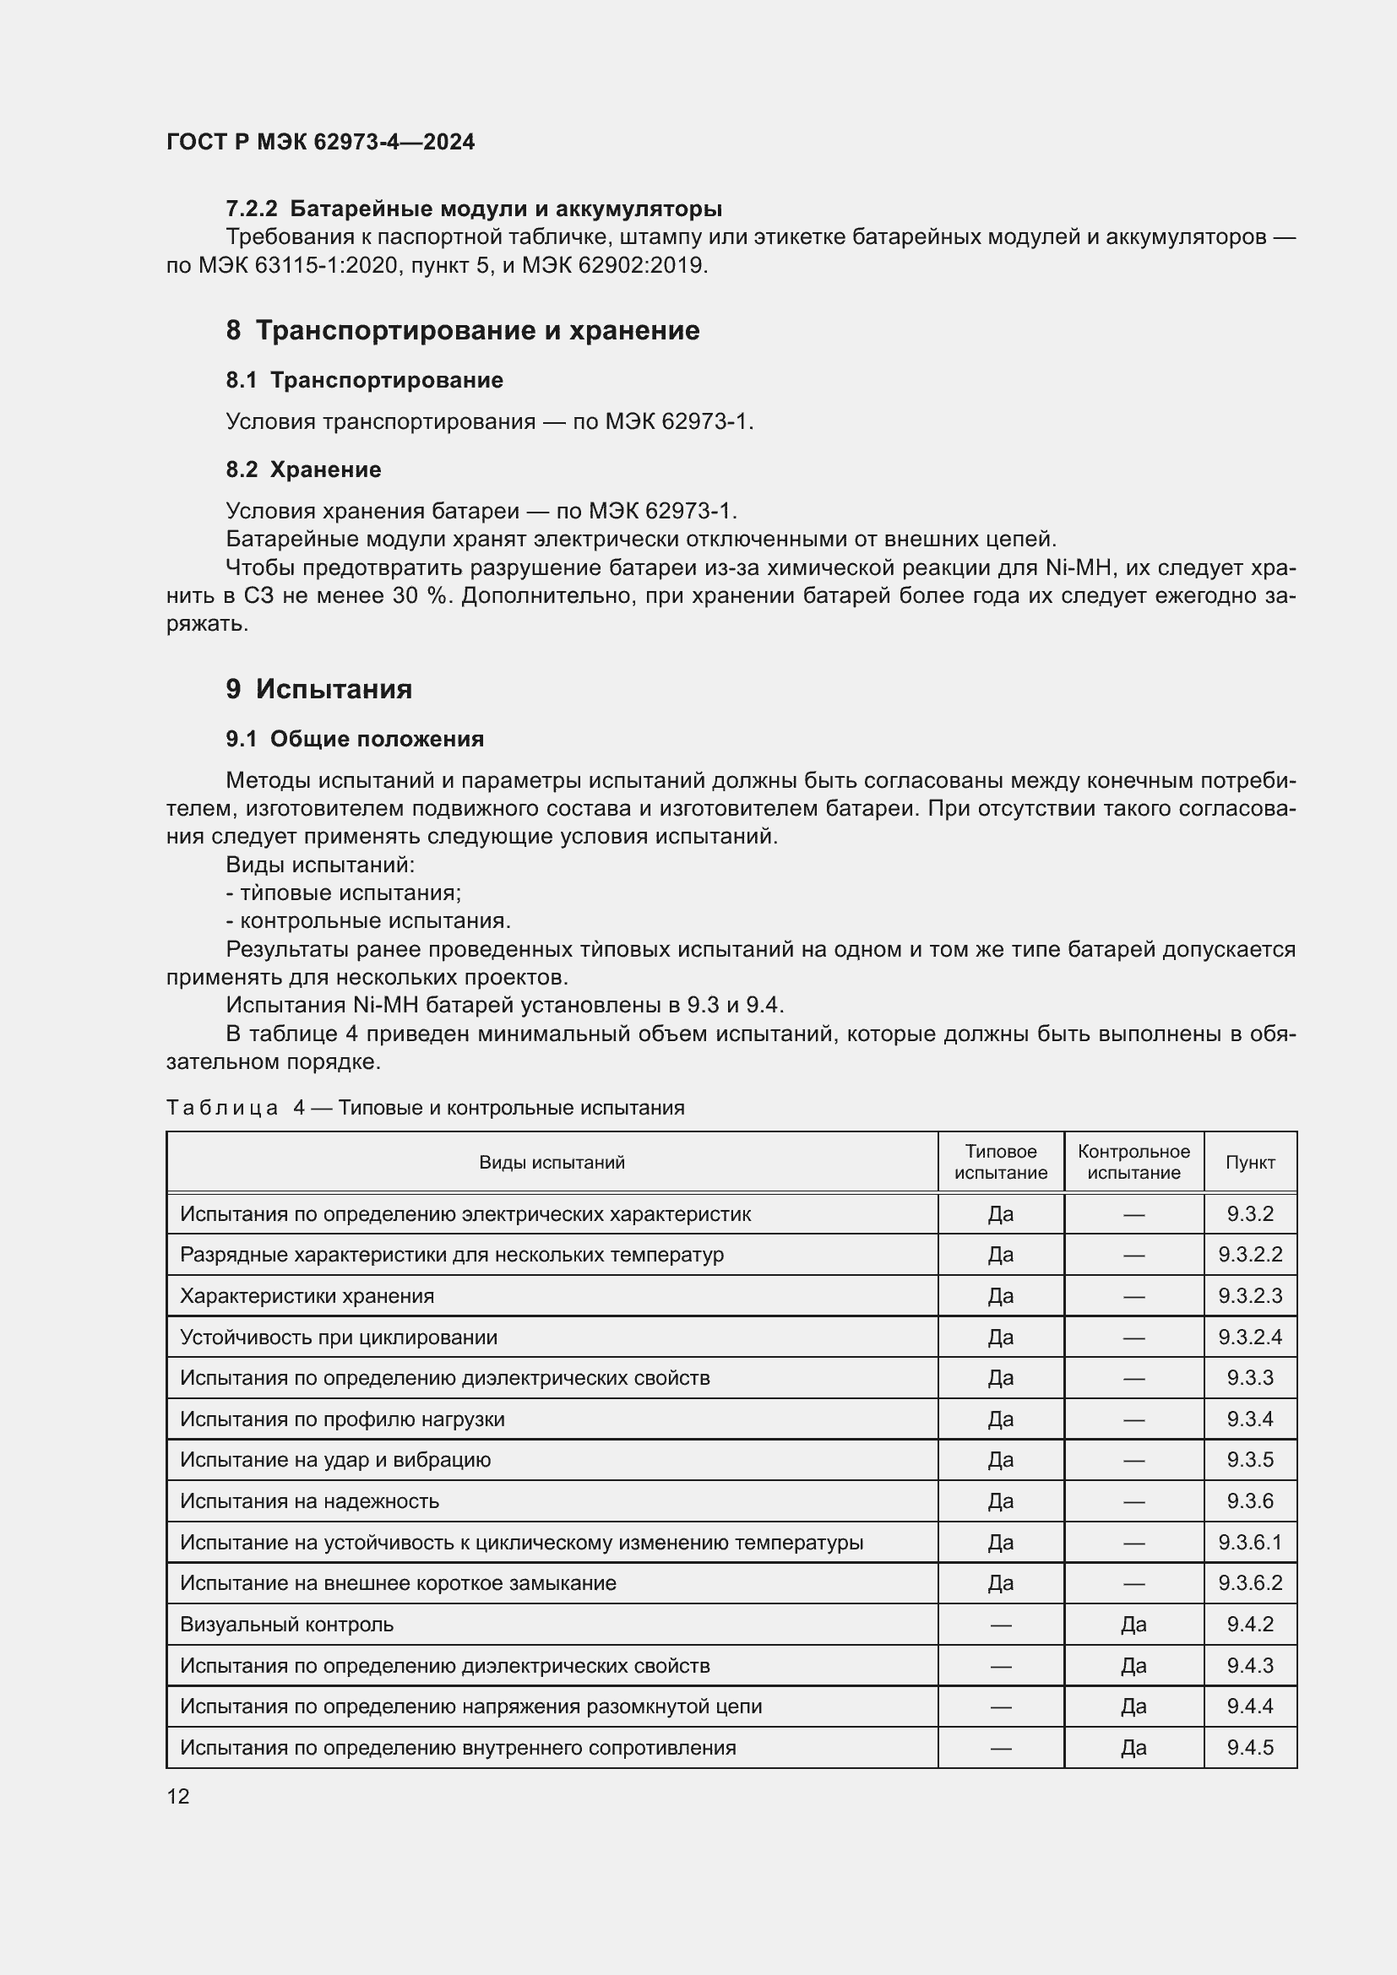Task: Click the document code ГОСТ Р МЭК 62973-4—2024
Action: (x=320, y=142)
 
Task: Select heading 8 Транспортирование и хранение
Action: (x=463, y=330)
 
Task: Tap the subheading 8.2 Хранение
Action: (x=304, y=469)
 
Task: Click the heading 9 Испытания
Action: (x=319, y=689)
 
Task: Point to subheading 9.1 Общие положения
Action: (x=355, y=739)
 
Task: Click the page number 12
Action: (x=178, y=1796)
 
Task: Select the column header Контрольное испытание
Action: (x=1133, y=1162)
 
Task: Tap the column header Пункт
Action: (x=1249, y=1162)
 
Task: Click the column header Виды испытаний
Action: (x=552, y=1162)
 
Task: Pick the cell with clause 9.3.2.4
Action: (x=1249, y=1337)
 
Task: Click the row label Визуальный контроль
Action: (x=286, y=1625)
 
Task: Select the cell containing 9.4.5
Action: (x=1249, y=1748)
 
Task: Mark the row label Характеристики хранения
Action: (x=307, y=1296)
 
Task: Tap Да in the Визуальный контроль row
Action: (x=1133, y=1625)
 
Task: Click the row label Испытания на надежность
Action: (x=309, y=1501)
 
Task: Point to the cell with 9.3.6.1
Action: (x=1249, y=1543)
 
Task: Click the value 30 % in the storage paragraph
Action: (x=422, y=596)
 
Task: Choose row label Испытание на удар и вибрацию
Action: (x=334, y=1460)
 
